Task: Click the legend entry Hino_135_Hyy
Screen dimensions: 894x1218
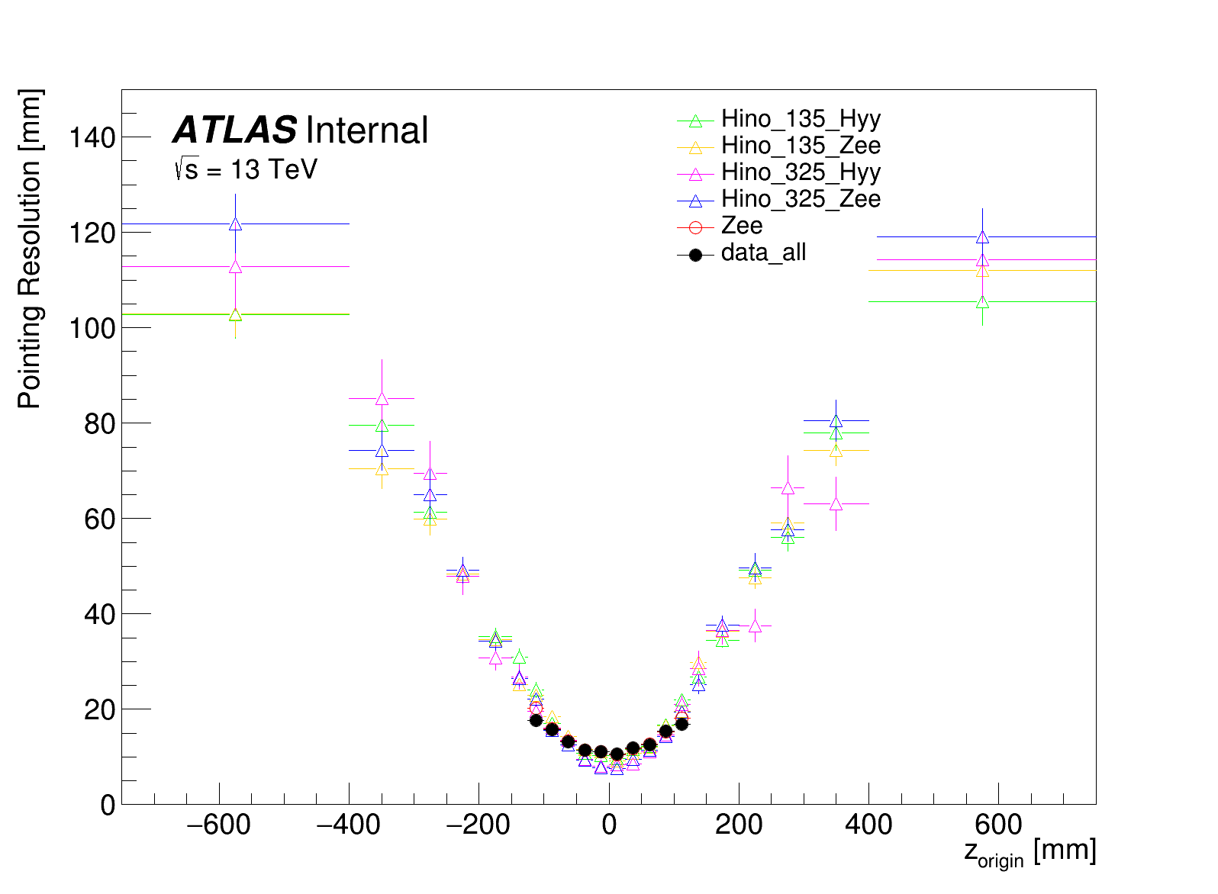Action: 801,119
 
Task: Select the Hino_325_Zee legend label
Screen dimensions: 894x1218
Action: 801,199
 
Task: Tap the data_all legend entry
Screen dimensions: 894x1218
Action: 763,253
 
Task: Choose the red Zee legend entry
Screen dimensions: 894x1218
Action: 741,227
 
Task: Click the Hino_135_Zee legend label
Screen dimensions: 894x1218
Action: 801,146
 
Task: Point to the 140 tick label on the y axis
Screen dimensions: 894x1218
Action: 92,138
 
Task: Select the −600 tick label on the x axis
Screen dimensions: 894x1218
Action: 218,825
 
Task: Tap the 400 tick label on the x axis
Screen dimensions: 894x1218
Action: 868,825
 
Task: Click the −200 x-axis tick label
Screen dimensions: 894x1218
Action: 478,825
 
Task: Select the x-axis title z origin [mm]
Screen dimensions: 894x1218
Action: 1030,852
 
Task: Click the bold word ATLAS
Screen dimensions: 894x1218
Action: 235,130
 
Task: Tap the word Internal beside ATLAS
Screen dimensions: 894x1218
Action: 366,130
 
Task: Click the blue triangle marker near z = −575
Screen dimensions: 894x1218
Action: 235,224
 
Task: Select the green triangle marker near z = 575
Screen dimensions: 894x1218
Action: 982,302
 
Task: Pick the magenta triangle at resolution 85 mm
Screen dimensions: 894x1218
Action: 382,399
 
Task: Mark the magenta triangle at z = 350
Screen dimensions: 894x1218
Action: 836,504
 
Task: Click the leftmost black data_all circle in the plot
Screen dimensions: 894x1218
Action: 536,720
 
